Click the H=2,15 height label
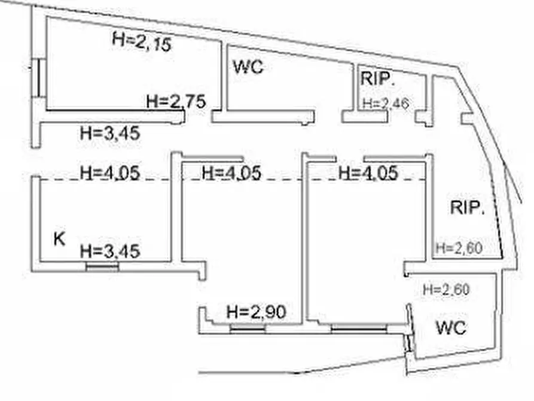pyautogui.click(x=142, y=42)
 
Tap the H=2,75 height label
pyautogui.click(x=176, y=101)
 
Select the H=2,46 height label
pyautogui.click(x=386, y=104)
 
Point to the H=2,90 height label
pyautogui.click(x=256, y=312)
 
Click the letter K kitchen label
pyautogui.click(x=59, y=239)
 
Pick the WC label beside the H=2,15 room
pyautogui.click(x=249, y=66)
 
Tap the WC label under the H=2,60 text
pyautogui.click(x=451, y=328)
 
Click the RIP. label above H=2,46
pyautogui.click(x=377, y=79)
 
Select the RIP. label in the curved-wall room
pyautogui.click(x=467, y=207)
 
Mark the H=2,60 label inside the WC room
pyautogui.click(x=446, y=290)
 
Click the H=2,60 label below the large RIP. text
pyautogui.click(x=459, y=248)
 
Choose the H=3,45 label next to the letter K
pyautogui.click(x=110, y=251)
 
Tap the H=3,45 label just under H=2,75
pyautogui.click(x=110, y=133)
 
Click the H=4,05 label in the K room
pyautogui.click(x=110, y=172)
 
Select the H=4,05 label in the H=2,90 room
pyautogui.click(x=231, y=172)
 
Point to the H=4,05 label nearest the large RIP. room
pyautogui.click(x=368, y=172)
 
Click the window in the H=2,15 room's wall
pyautogui.click(x=38, y=78)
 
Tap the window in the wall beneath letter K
pyautogui.click(x=102, y=267)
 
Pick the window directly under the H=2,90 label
pyautogui.click(x=248, y=329)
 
